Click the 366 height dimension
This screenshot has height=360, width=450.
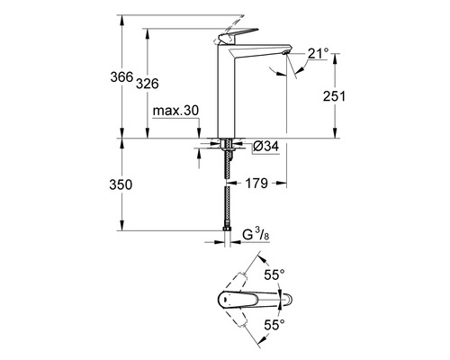click(x=121, y=77)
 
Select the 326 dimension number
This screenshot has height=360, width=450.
click(x=147, y=84)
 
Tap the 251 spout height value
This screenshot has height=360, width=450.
click(x=334, y=96)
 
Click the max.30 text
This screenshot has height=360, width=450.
click(x=175, y=111)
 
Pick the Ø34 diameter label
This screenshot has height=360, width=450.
click(x=265, y=147)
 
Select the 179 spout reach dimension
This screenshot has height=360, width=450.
click(x=256, y=183)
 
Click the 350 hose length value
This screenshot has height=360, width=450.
click(x=121, y=184)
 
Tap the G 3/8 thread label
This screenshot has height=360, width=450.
click(x=256, y=234)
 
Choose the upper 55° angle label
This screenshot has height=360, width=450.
click(x=274, y=274)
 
